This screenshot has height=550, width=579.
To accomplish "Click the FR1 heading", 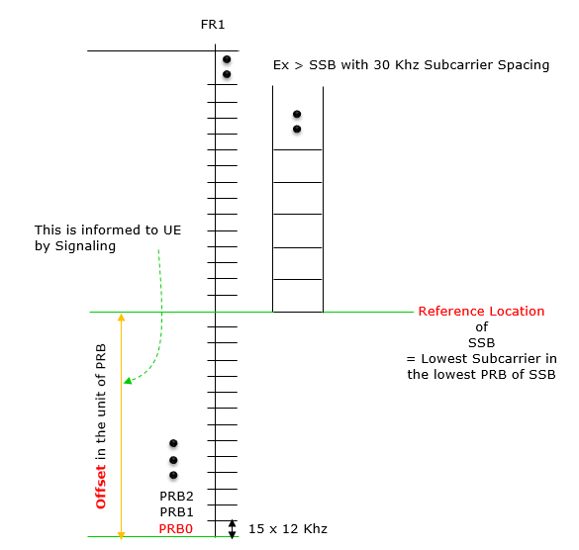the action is (x=213, y=25).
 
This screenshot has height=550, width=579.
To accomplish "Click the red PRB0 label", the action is (x=176, y=529).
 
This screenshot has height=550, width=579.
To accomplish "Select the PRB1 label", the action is (x=176, y=512).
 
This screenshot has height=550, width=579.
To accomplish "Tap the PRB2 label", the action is (x=176, y=497).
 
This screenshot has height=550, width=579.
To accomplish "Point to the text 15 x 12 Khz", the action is (x=288, y=529).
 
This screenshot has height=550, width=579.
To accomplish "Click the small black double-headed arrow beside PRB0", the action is (x=232, y=529).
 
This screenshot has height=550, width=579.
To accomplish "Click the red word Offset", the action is (x=101, y=487).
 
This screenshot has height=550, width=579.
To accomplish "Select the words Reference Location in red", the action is (x=481, y=312).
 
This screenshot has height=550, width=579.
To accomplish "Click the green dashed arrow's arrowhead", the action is (x=128, y=381).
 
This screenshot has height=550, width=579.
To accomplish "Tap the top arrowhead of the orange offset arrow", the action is (x=121, y=317).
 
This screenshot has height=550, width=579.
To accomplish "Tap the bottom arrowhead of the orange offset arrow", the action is (x=121, y=535).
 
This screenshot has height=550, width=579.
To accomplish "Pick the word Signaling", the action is (x=85, y=246).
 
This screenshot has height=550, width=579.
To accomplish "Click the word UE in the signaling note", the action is (x=172, y=229).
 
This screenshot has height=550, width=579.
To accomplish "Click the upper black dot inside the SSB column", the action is (x=297, y=114).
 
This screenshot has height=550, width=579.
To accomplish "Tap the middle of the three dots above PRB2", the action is (x=173, y=460).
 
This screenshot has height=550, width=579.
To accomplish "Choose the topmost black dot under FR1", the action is (x=227, y=59).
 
